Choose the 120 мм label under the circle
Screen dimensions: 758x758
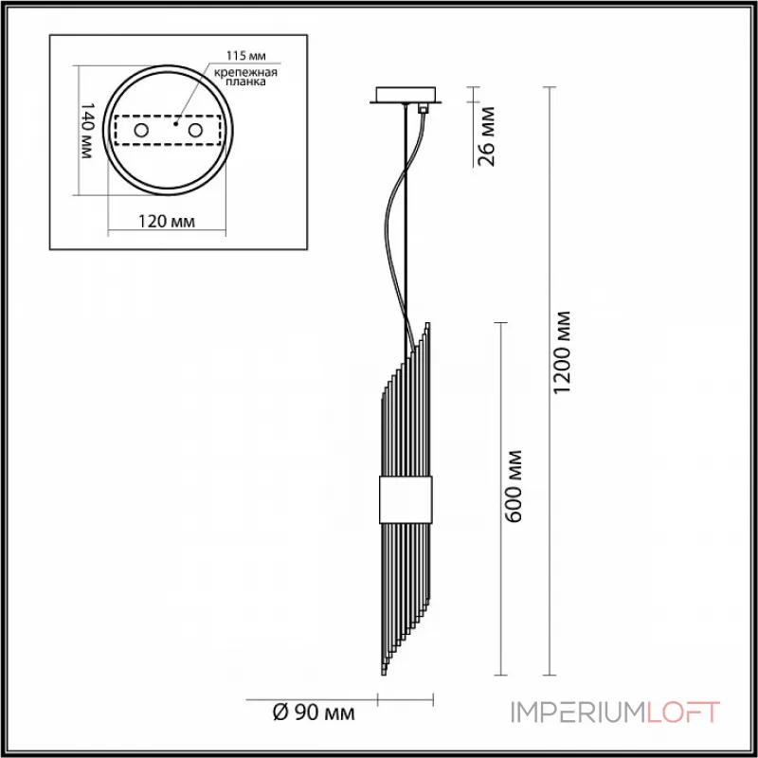[x=167, y=222]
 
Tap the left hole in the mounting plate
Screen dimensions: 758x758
[x=141, y=130]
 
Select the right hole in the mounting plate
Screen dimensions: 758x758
[x=196, y=130]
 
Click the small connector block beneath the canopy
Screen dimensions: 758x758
[x=424, y=110]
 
